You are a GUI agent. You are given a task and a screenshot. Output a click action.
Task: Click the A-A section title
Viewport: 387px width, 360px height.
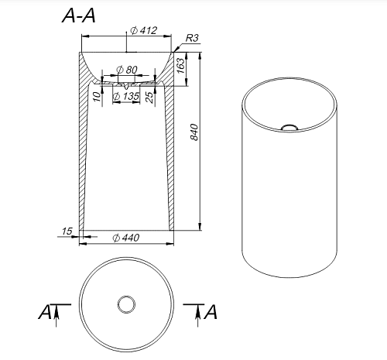click(79, 15)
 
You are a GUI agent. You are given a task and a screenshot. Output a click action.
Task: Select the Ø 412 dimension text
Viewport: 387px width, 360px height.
click(143, 30)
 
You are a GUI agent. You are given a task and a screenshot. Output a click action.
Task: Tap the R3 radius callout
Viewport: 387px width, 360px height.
click(192, 38)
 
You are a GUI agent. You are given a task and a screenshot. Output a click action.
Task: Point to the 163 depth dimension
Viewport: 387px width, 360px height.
click(181, 66)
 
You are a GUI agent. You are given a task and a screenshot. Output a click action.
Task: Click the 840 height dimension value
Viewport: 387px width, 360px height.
click(194, 132)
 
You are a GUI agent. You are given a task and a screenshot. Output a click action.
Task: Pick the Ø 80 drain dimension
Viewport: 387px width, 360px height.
click(127, 70)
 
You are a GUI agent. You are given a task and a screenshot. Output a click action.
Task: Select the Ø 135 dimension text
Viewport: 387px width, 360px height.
click(126, 96)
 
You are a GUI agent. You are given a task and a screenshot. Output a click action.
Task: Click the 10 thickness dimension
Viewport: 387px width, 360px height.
click(97, 96)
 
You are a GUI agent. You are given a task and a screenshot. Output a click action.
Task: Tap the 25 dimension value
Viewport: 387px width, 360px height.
click(149, 98)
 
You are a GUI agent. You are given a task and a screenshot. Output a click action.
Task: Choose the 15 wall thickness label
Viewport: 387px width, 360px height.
click(67, 231)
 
